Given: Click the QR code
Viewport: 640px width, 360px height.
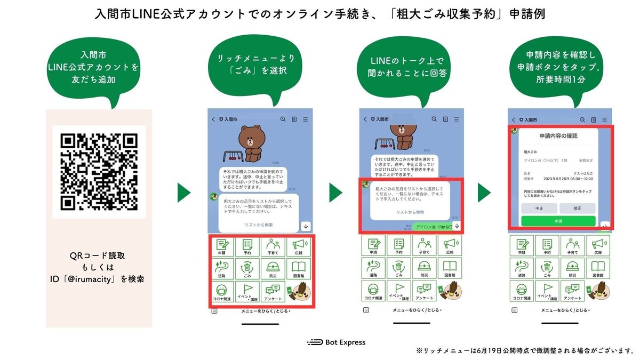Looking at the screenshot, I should coord(99,172).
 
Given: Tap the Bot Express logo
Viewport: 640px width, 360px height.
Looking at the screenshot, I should coord(336,342).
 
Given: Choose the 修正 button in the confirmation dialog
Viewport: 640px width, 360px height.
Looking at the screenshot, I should coord(577,208).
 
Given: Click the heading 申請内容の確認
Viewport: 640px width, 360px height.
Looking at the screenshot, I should coord(558,136).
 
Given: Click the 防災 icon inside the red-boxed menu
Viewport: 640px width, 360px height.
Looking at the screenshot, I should coord(273,269).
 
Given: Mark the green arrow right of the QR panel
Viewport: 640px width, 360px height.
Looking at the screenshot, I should coord(185,193).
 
